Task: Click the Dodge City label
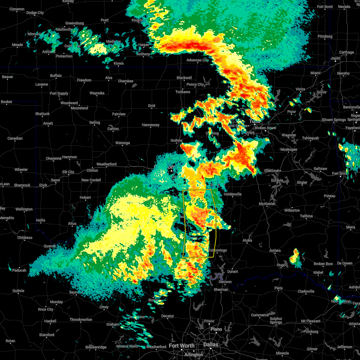pyautogui.click(x=35, y=13)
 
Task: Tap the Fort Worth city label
pyautogui.click(x=181, y=346)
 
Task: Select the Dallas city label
pyautogui.click(x=211, y=344)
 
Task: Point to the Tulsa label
pyautogui.click(x=255, y=121)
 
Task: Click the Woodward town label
pyautogui.click(x=69, y=103)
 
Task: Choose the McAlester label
pyautogui.click(x=267, y=204)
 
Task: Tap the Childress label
pyautogui.click(x=25, y=238)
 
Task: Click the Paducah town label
pyautogui.click(x=19, y=270)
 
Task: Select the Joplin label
pyautogui.click(x=335, y=58)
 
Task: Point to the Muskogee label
pyautogui.click(x=289, y=149)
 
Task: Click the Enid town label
pyautogui.click(x=151, y=106)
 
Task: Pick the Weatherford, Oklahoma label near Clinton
pyautogui.click(x=106, y=164)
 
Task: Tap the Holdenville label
pyautogui.click(x=232, y=194)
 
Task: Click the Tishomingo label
pyautogui.click(x=217, y=250)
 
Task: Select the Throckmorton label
pyautogui.click(x=81, y=319)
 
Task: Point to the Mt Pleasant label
pyautogui.click(x=311, y=321)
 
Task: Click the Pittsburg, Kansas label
pyautogui.click(x=325, y=36)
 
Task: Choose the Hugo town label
pyautogui.click(x=281, y=265)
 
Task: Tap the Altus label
pyautogui.click(x=72, y=223)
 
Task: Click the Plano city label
pyautogui.click(x=216, y=329)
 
